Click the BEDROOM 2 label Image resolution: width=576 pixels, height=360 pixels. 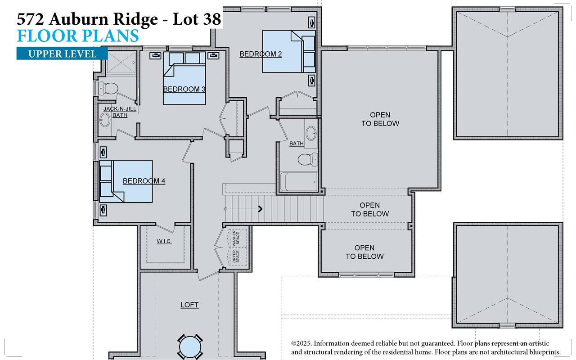click(261, 54)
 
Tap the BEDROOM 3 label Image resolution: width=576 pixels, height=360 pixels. click(184, 89)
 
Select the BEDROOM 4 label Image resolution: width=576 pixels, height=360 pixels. click(144, 181)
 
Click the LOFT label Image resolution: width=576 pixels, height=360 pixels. click(189, 305)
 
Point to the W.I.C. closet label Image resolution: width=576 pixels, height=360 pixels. click(164, 241)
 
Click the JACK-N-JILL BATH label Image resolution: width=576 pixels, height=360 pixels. click(116, 112)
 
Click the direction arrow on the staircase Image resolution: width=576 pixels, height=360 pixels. click(260, 208)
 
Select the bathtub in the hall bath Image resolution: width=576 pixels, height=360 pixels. click(298, 181)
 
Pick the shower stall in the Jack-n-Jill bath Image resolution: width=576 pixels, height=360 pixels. click(121, 63)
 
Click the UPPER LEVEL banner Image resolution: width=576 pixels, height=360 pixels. click(62, 54)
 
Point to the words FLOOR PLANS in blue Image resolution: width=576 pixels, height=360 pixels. click(77, 36)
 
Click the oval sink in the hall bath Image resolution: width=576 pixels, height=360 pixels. click(311, 133)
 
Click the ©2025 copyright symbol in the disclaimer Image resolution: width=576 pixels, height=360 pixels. click(295, 344)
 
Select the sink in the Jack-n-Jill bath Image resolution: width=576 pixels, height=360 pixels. click(105, 120)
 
